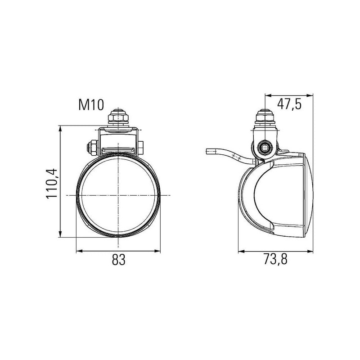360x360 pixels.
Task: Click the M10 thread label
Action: (x=91, y=105)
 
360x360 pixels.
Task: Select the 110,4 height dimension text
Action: (x=52, y=184)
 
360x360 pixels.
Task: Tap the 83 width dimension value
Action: (x=119, y=260)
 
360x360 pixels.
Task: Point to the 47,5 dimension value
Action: (x=289, y=104)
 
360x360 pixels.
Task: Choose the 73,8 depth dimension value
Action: (x=275, y=260)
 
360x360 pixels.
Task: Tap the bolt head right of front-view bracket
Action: (x=141, y=147)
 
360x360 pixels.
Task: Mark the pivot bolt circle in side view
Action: (x=265, y=147)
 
